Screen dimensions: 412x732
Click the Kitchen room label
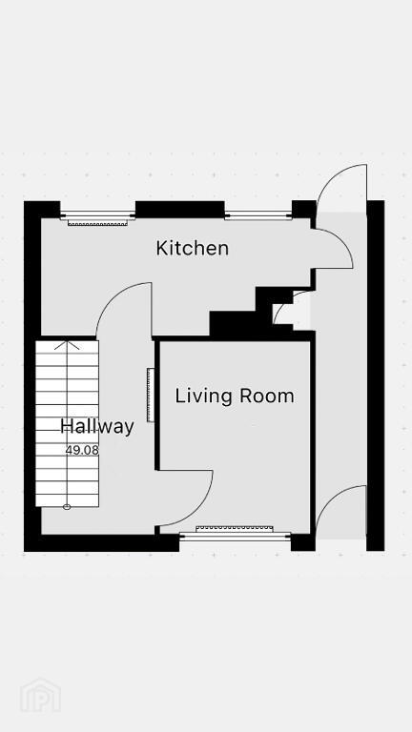[x=193, y=248]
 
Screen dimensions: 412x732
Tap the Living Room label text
[x=235, y=396]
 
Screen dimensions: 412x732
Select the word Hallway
[x=97, y=427]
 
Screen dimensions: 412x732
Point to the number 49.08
[x=82, y=451]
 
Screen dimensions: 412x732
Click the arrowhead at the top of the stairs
[x=67, y=345]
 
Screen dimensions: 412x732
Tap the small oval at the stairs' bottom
[x=67, y=507]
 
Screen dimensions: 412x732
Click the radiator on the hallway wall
[x=151, y=395]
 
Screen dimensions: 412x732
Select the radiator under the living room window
[x=234, y=529]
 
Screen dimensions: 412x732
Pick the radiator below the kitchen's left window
[x=97, y=223]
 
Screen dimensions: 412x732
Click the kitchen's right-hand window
[x=258, y=215]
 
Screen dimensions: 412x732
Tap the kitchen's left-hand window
[x=97, y=215]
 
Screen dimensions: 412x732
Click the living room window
[x=235, y=537]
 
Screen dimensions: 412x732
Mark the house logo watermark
[x=40, y=696]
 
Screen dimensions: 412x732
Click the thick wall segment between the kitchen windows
[x=180, y=210]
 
